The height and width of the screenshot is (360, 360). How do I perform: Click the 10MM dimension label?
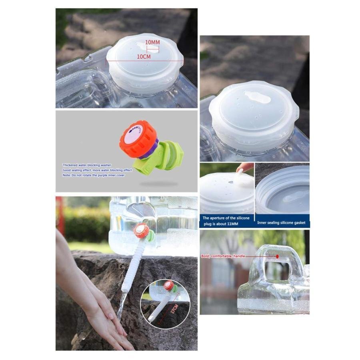(x=152, y=42)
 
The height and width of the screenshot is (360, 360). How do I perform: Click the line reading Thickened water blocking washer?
(x=87, y=165)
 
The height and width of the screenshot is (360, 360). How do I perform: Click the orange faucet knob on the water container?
(x=141, y=231)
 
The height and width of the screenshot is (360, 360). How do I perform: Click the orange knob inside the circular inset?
(x=169, y=286)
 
